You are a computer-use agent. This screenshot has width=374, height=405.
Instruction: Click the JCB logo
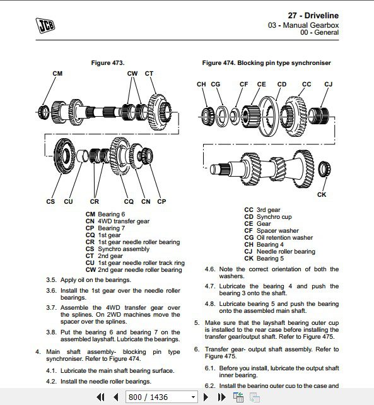(x=45, y=25)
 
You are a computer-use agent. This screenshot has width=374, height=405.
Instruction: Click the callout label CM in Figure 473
(x=57, y=74)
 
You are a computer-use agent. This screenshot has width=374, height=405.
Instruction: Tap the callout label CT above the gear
(x=149, y=74)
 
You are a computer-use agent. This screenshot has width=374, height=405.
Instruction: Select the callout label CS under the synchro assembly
(x=50, y=201)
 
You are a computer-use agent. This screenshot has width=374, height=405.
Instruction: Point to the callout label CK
(x=322, y=194)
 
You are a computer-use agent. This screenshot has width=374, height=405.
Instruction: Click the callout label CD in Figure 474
(x=282, y=85)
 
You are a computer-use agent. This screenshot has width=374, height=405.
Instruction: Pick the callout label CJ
(x=329, y=85)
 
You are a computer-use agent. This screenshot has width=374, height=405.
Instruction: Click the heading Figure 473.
(x=108, y=62)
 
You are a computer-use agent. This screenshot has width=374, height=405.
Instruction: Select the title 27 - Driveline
(x=313, y=16)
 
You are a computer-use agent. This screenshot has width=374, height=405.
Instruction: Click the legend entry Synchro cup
(x=274, y=217)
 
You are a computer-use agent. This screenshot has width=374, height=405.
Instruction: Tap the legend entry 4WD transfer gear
(x=124, y=221)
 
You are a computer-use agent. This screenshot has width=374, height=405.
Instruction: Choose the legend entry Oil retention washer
(x=284, y=238)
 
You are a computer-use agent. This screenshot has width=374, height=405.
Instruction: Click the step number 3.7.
(x=51, y=308)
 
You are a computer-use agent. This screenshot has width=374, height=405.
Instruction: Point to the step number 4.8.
(x=210, y=304)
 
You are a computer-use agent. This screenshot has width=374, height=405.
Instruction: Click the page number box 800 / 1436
(x=161, y=397)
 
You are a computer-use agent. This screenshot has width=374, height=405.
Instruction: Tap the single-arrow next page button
(x=206, y=397)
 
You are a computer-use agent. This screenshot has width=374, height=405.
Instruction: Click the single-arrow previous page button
(x=116, y=397)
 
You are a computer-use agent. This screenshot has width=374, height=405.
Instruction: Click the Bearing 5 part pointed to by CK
(x=324, y=169)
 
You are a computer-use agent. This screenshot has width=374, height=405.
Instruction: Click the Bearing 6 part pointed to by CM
(x=43, y=112)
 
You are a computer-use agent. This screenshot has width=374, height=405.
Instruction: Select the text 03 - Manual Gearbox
(x=303, y=25)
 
